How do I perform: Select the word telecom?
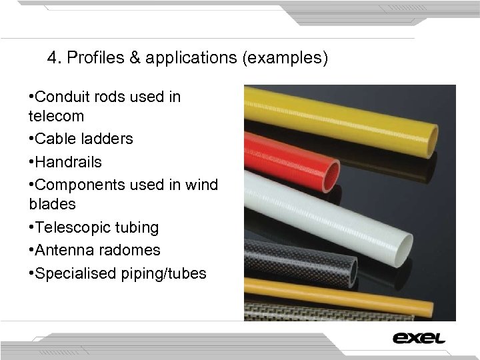(57, 116)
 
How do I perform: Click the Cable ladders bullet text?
(84, 139)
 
